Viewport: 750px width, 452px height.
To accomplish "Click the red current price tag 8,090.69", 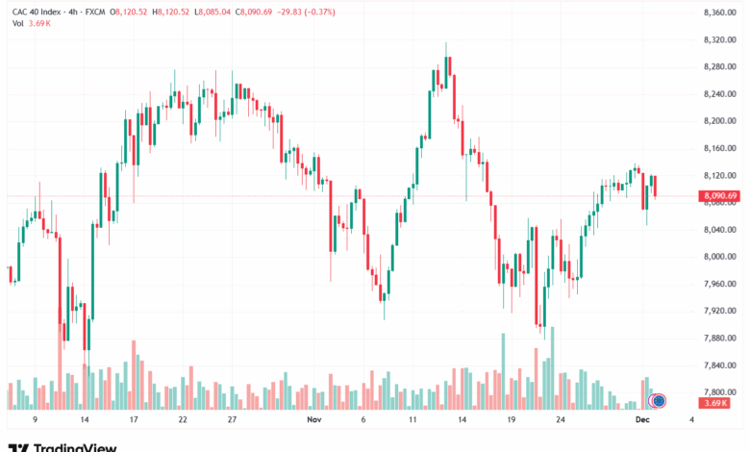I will [719, 196].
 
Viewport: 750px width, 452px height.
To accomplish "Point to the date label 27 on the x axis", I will [232, 420].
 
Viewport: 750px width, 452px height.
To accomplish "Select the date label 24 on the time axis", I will [560, 420].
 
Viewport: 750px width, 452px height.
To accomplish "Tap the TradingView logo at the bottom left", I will [62, 445].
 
